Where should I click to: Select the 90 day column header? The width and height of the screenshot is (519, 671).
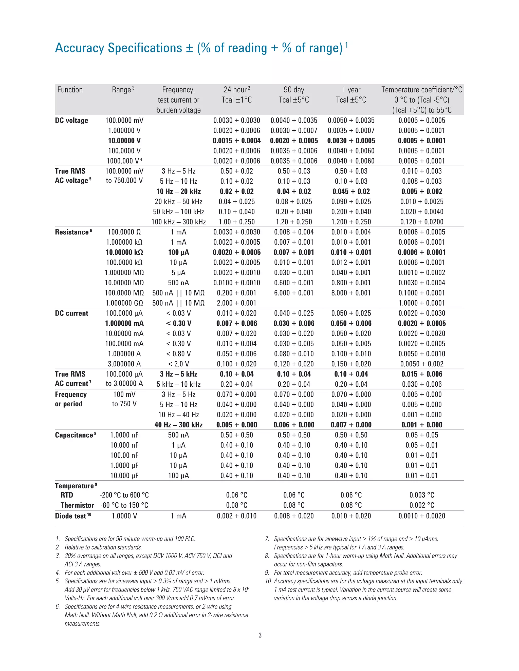tap(294, 90)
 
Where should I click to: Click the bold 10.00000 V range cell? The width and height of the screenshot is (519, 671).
tap(124, 141)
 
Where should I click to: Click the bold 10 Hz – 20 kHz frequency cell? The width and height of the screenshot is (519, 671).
tap(178, 191)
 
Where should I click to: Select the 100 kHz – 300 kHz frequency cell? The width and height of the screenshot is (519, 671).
tap(178, 222)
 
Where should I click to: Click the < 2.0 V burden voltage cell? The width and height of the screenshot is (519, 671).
tap(178, 364)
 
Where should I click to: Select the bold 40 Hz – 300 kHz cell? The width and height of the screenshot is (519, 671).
tap(178, 425)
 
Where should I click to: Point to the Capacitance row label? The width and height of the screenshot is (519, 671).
tap(74, 435)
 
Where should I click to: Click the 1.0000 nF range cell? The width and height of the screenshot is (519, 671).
tap(124, 435)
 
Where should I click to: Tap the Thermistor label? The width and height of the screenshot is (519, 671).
tap(77, 505)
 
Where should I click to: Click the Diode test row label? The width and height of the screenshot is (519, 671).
tap(71, 516)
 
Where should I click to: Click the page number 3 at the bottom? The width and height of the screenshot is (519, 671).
tap(260, 635)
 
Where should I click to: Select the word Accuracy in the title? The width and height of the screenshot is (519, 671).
tap(80, 48)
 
